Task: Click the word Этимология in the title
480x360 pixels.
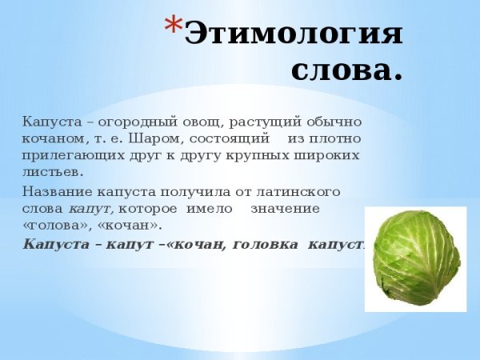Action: click(294, 34)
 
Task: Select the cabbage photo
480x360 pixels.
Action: click(416, 258)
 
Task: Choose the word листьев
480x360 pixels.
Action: click(54, 171)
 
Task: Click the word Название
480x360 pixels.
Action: click(55, 192)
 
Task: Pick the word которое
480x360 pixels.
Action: click(145, 208)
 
